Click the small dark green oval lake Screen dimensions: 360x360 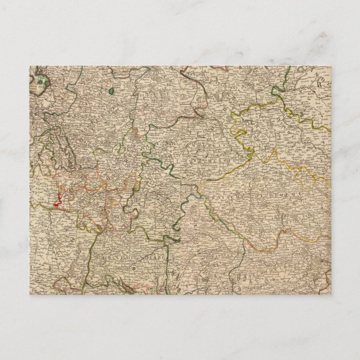[111, 89]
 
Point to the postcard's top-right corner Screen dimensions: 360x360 [331, 66]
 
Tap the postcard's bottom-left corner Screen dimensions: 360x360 [30, 293]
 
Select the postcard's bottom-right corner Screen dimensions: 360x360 [331, 293]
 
